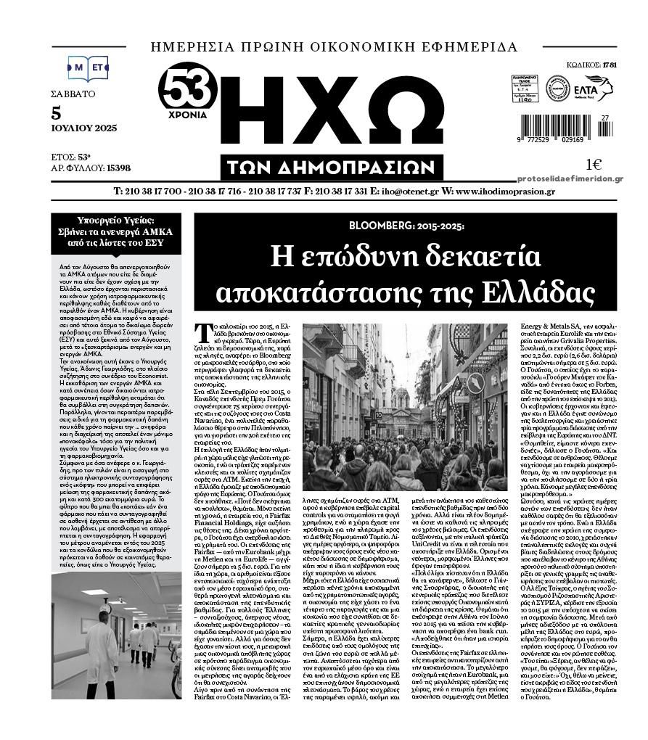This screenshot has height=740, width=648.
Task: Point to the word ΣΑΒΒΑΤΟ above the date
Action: [x=73, y=94]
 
